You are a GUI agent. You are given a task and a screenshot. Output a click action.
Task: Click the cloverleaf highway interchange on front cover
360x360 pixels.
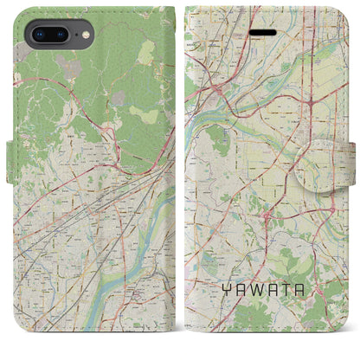click(310, 102)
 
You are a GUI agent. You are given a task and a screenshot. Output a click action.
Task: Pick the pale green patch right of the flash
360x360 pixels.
click(104, 35)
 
